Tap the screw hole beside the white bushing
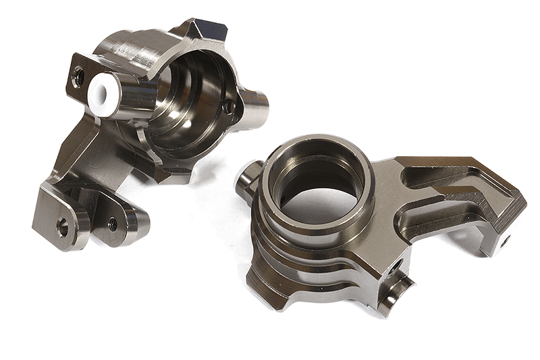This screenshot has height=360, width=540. coord(79,77)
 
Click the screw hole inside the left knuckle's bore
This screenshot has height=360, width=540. coord(228,106)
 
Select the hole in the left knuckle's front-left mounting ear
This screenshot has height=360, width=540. coord(63,227)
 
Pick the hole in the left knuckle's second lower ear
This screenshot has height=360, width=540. coord(112,224)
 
